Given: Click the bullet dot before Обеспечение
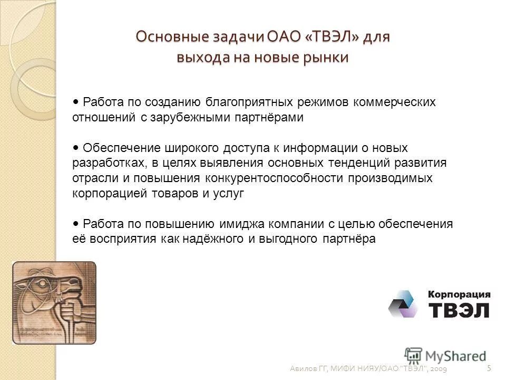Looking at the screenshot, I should point(76,148).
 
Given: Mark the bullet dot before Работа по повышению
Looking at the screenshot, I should point(76,224).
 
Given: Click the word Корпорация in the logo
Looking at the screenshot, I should point(458,294).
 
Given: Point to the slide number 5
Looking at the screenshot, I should point(489,367).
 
